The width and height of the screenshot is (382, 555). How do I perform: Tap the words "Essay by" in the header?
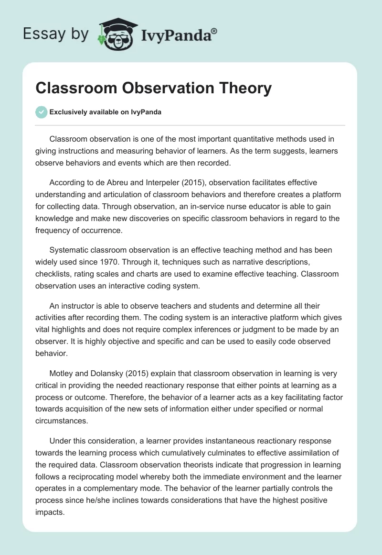[x=56, y=34]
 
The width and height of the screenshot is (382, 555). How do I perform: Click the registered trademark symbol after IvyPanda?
[x=214, y=31]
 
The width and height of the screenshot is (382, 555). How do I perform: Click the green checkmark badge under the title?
[x=41, y=112]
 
